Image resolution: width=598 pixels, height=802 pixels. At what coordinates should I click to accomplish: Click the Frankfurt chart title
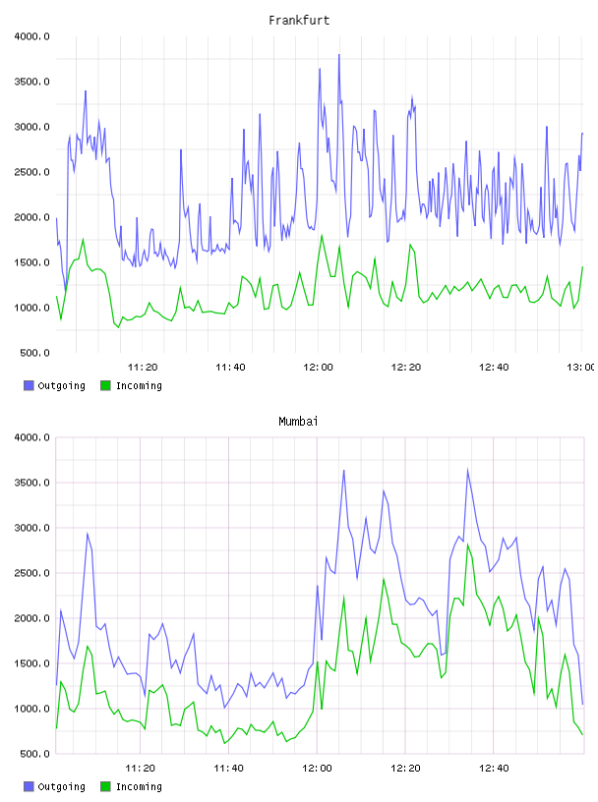point(299,21)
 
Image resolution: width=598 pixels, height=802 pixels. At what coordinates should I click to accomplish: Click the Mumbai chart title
point(298,422)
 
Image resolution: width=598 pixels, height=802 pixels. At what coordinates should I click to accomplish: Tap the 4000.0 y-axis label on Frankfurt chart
point(32,36)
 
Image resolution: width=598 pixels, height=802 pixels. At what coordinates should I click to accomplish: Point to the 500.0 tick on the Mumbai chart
point(34,754)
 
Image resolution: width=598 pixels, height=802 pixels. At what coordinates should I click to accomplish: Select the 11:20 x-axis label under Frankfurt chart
point(143,367)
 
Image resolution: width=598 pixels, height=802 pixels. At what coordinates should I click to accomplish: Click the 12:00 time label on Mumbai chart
point(318,768)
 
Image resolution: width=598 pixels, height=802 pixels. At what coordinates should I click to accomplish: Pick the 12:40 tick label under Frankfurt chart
point(494,367)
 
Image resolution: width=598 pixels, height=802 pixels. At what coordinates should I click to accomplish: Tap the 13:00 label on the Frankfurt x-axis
point(581,367)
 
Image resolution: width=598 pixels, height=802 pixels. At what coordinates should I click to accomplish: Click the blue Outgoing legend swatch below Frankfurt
point(29,385)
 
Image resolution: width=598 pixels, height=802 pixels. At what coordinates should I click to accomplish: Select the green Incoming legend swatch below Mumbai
point(105,786)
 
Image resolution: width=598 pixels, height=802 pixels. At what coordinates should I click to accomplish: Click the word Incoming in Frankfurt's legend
point(139,386)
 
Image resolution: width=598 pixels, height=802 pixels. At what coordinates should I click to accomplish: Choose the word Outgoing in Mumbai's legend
point(61,787)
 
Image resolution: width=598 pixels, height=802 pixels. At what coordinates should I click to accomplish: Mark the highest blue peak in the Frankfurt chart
point(339,55)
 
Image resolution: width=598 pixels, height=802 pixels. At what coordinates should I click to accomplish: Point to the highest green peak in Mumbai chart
point(467,544)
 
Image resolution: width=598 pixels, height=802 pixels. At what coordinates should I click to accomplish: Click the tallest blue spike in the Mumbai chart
point(467,470)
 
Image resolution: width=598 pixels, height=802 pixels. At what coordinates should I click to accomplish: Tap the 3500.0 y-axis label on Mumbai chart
point(32,483)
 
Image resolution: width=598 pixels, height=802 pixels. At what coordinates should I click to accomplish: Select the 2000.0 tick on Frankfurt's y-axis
point(32,217)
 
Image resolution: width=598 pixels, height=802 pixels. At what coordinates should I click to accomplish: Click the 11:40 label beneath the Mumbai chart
point(229,768)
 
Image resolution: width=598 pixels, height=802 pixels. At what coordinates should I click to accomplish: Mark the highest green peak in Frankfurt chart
point(322,235)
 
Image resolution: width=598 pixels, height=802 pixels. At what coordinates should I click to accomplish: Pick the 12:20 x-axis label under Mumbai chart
point(405,768)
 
